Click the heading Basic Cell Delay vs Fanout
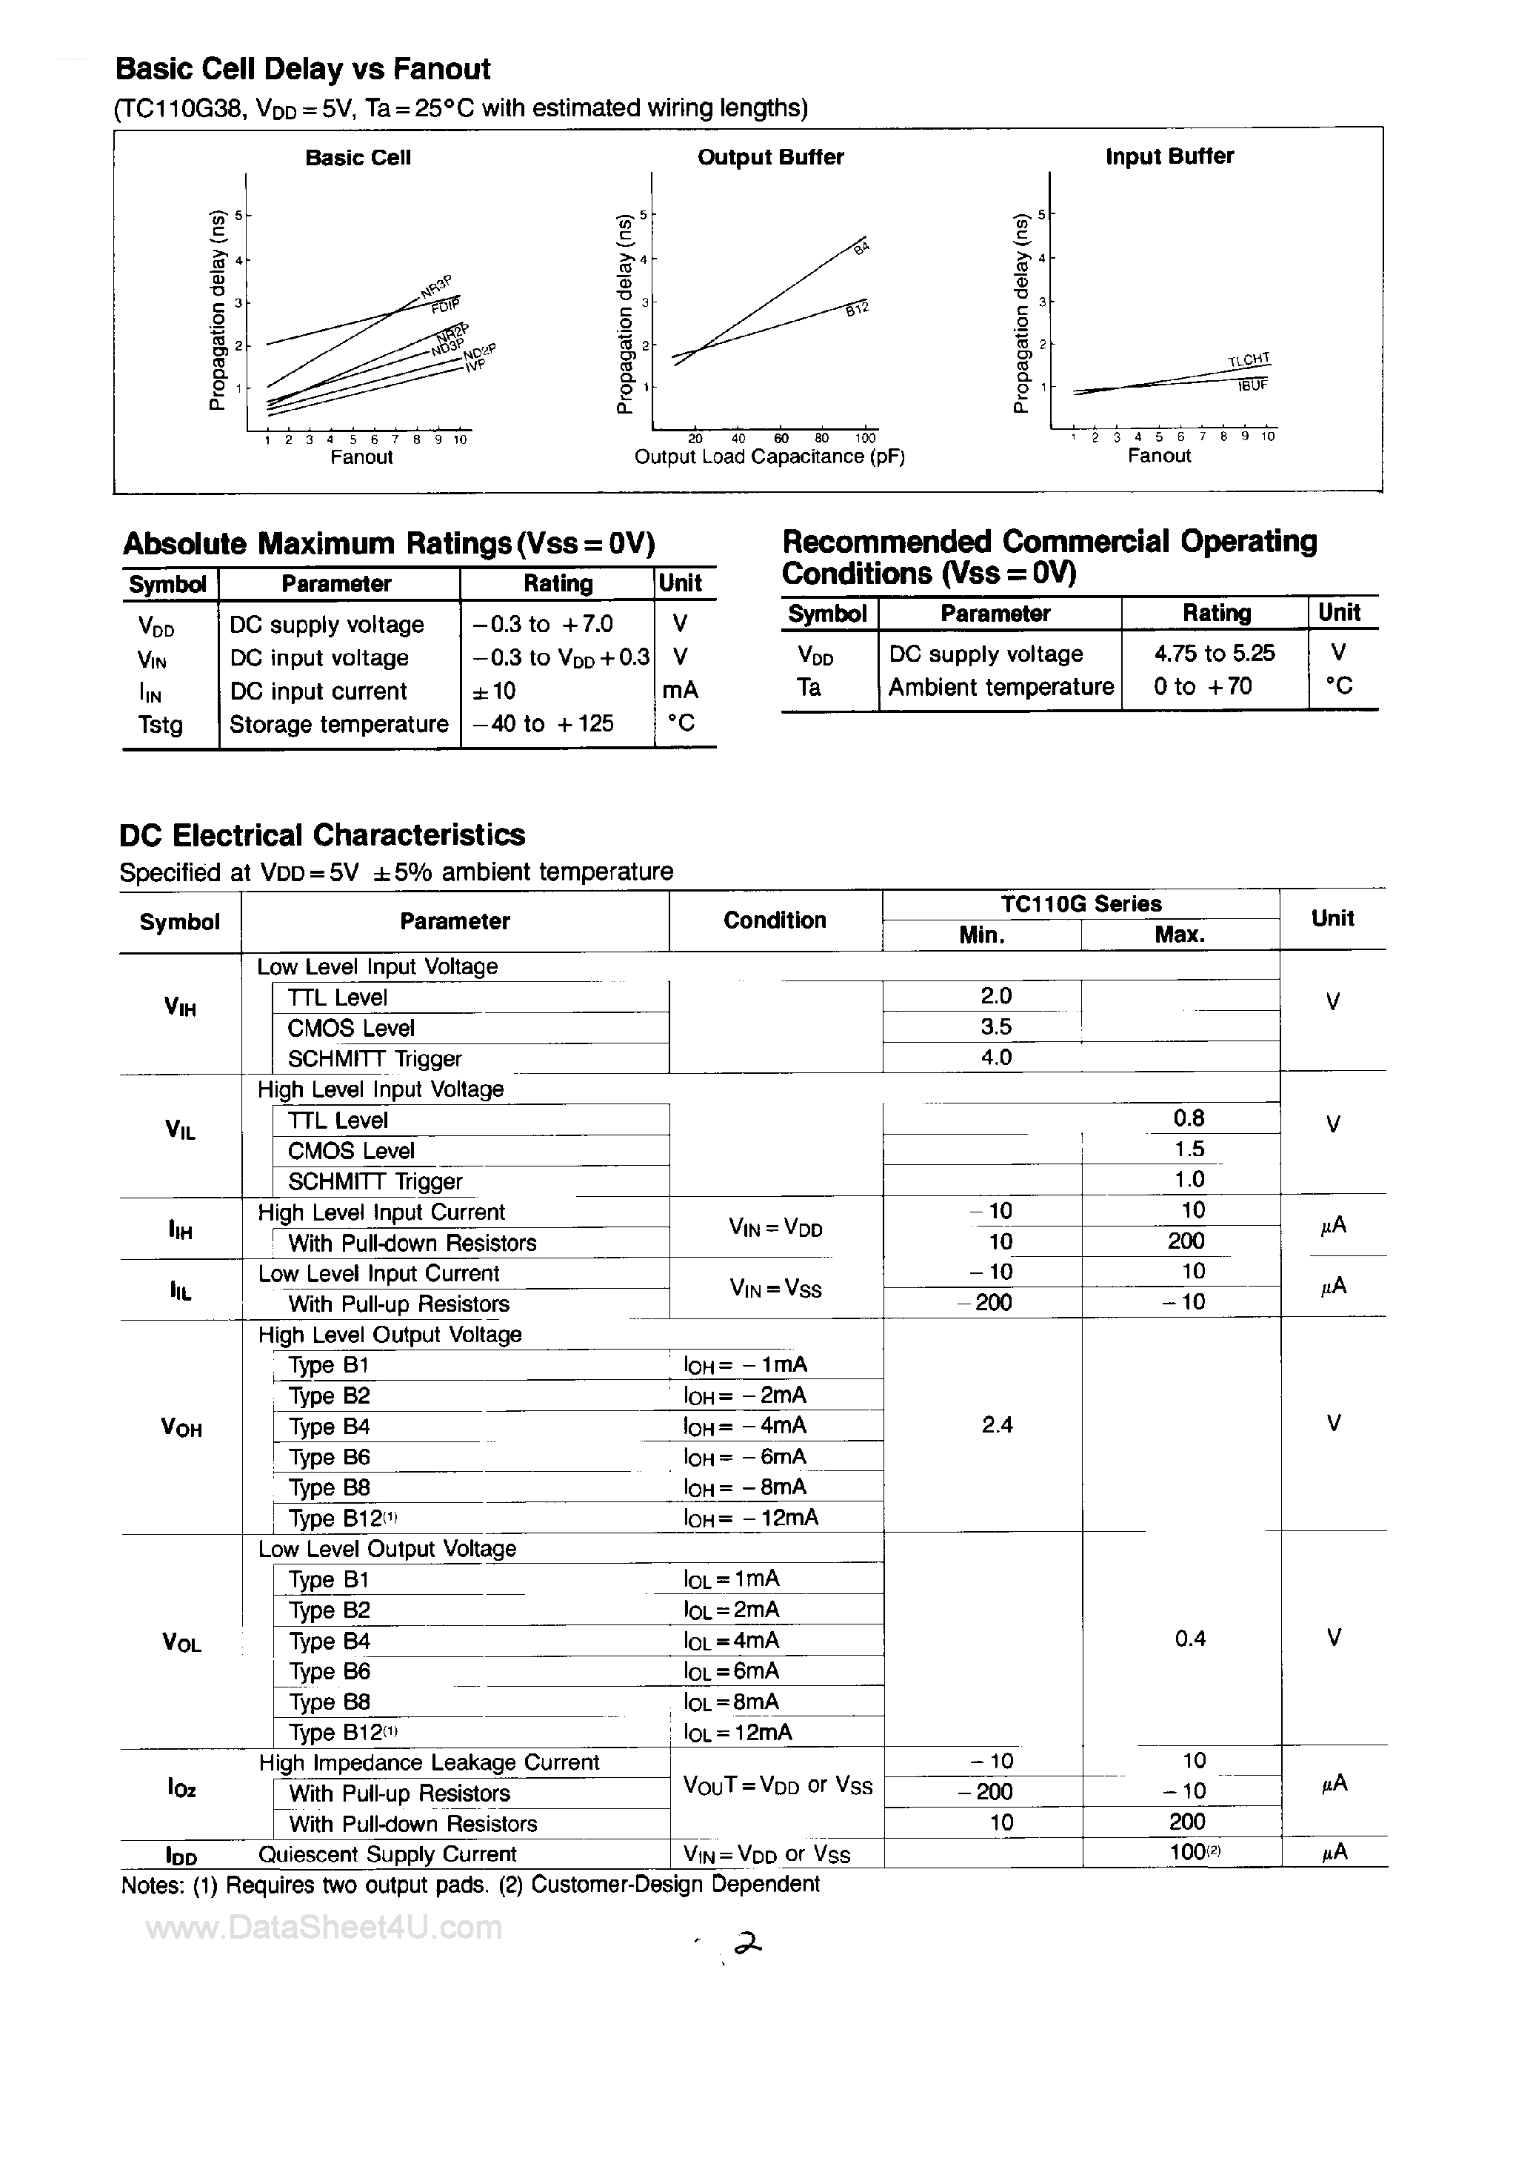coord(302,69)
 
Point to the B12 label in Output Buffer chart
coord(856,309)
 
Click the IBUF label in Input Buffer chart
coord(1252,385)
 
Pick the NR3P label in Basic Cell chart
coord(437,285)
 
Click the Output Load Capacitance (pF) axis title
coord(769,457)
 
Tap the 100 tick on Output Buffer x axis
coord(865,438)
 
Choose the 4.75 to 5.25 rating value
coord(1215,653)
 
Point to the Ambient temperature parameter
coord(1000,687)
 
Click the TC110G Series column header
coord(1080,904)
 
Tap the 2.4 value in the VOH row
coord(997,1425)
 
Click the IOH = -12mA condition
coord(751,1518)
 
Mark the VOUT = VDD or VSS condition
coord(778,1786)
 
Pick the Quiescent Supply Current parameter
coord(387,1854)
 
